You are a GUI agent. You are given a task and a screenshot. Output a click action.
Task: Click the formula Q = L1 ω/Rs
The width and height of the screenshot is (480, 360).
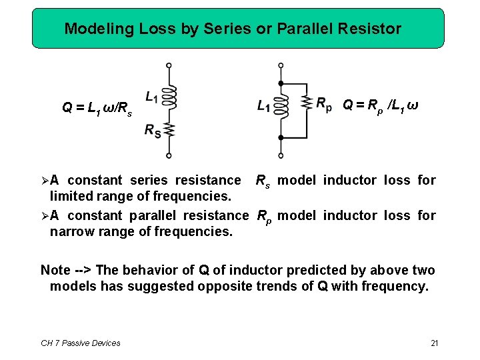coord(97,109)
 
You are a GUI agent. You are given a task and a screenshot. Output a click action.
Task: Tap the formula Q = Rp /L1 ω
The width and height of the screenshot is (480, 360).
coord(380,105)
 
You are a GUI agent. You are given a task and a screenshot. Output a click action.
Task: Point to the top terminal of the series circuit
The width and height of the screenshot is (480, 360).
coord(169,65)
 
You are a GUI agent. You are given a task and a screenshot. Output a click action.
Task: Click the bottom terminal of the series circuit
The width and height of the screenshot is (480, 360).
coord(169,155)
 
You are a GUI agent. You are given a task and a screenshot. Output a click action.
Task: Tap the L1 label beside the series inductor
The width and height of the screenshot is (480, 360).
coord(151,98)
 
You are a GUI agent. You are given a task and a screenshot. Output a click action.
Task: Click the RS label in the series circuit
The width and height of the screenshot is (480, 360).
coord(152,131)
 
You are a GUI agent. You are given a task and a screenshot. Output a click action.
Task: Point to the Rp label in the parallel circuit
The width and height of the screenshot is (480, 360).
coord(323,105)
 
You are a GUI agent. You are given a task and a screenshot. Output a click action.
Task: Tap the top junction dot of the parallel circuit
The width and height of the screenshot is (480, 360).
coord(281,83)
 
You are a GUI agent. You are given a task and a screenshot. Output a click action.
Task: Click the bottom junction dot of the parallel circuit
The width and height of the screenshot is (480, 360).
coord(281,137)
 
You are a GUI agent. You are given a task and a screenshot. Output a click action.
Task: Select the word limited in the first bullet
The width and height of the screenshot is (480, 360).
coord(71,197)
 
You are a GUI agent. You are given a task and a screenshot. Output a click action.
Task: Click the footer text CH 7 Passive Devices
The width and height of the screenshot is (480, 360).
coord(81,343)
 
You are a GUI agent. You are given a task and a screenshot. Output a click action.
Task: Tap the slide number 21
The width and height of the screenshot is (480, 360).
coord(434,343)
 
